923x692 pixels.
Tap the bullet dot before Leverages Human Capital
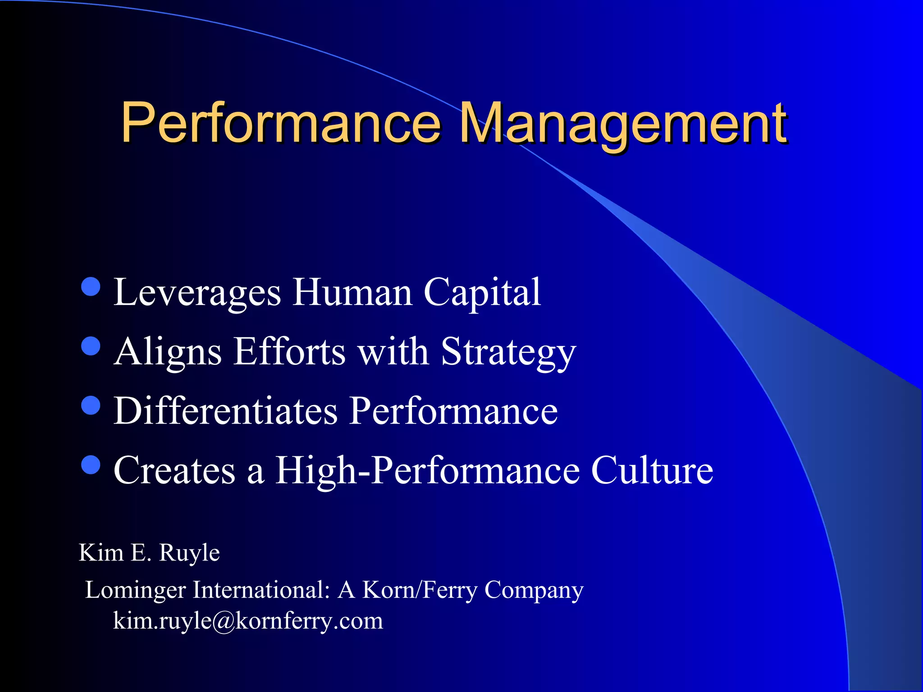pos(91,286)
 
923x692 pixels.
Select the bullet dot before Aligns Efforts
pos(91,346)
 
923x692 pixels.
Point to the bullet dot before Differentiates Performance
pos(91,405)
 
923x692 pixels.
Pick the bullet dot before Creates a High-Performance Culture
pos(91,464)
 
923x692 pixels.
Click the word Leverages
pos(197,293)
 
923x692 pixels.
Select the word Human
pos(352,293)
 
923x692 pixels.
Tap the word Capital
pos(482,293)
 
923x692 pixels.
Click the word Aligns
pos(168,352)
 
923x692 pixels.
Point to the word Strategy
pos(508,352)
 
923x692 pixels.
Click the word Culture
pos(652,470)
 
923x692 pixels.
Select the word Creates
pos(174,470)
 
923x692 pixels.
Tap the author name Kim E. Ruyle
pos(149,552)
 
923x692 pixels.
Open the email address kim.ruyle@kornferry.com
pos(248,621)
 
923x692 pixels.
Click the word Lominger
pos(135,590)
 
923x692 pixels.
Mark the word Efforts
pos(289,352)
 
